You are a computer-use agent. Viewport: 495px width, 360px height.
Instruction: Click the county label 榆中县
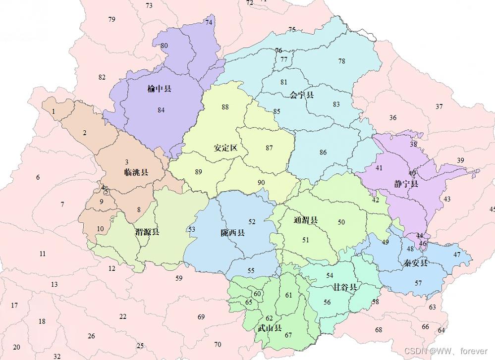(159, 89)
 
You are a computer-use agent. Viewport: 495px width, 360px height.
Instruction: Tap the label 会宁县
(302, 94)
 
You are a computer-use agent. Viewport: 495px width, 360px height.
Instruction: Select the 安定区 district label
(226, 148)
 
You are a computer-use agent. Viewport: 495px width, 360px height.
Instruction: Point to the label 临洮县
(136, 172)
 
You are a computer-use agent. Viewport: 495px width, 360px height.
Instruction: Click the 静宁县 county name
(406, 184)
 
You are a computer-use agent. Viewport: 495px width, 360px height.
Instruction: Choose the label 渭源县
(147, 232)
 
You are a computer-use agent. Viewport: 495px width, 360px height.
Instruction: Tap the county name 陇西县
(233, 233)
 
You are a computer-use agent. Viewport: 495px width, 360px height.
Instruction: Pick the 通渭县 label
(306, 220)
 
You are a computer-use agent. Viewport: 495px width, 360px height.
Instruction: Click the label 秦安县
(415, 262)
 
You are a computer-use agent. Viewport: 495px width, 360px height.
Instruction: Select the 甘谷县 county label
(345, 287)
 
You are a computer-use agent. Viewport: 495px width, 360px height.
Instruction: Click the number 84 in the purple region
(161, 110)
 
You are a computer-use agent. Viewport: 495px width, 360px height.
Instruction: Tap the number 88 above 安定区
(225, 107)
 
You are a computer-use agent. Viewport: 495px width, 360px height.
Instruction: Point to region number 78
(342, 61)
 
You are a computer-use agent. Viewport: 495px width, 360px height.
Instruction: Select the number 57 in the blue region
(418, 283)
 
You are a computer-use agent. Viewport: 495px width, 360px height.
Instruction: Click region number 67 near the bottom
(288, 335)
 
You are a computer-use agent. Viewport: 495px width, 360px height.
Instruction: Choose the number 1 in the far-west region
(54, 111)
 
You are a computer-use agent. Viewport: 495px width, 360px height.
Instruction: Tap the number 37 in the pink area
(439, 106)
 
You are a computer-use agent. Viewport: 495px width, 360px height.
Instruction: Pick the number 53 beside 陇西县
(192, 229)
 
